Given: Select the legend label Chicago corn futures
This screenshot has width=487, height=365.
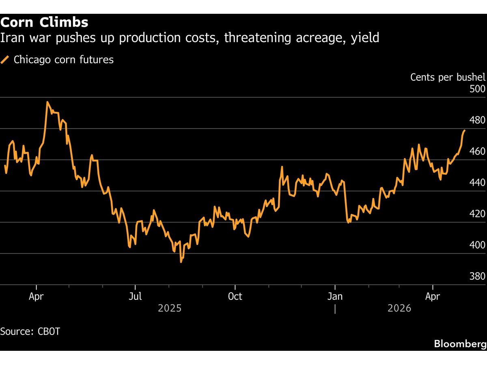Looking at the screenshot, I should pyautogui.click(x=64, y=60).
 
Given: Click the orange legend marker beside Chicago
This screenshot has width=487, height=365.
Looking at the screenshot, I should pyautogui.click(x=5, y=60).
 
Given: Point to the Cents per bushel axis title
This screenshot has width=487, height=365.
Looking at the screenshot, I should pyautogui.click(x=448, y=77).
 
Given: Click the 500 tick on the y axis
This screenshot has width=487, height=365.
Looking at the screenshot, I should pyautogui.click(x=477, y=89).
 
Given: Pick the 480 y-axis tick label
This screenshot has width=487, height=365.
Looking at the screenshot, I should pyautogui.click(x=477, y=120).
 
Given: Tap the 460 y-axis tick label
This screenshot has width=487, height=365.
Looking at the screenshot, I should pyautogui.click(x=477, y=151).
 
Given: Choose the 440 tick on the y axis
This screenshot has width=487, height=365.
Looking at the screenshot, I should pyautogui.click(x=477, y=182).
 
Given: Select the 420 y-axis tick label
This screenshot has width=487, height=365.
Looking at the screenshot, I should pyautogui.click(x=477, y=214).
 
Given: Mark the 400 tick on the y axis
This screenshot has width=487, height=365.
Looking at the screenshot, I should pyautogui.click(x=477, y=245).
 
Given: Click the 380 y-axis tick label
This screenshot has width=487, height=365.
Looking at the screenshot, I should pyautogui.click(x=477, y=276).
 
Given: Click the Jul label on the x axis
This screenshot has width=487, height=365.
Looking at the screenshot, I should pyautogui.click(x=135, y=296).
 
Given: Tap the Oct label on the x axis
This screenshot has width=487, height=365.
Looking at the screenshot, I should pyautogui.click(x=235, y=296).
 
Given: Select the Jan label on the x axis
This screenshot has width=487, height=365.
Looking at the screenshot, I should pyautogui.click(x=335, y=296).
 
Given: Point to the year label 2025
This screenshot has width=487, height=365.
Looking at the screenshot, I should pyautogui.click(x=170, y=309).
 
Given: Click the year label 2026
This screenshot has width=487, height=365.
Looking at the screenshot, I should pyautogui.click(x=399, y=309).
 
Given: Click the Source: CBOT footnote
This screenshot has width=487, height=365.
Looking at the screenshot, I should pyautogui.click(x=30, y=331).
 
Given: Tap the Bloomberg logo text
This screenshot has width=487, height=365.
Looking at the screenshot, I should pyautogui.click(x=460, y=344).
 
